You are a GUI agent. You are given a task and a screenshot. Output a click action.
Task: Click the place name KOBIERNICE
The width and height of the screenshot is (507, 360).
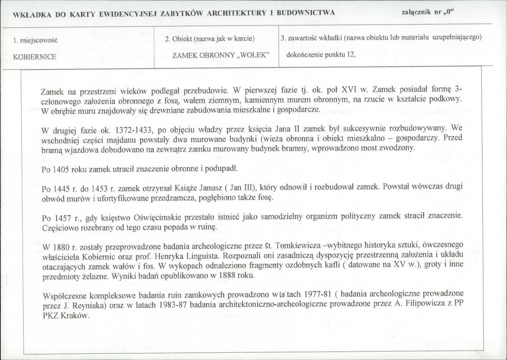tap(35, 57)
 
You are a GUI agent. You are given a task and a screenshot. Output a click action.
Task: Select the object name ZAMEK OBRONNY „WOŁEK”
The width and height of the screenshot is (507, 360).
tap(220, 56)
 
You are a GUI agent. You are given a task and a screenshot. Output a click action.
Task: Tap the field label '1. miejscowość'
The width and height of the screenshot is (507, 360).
tap(36, 41)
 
